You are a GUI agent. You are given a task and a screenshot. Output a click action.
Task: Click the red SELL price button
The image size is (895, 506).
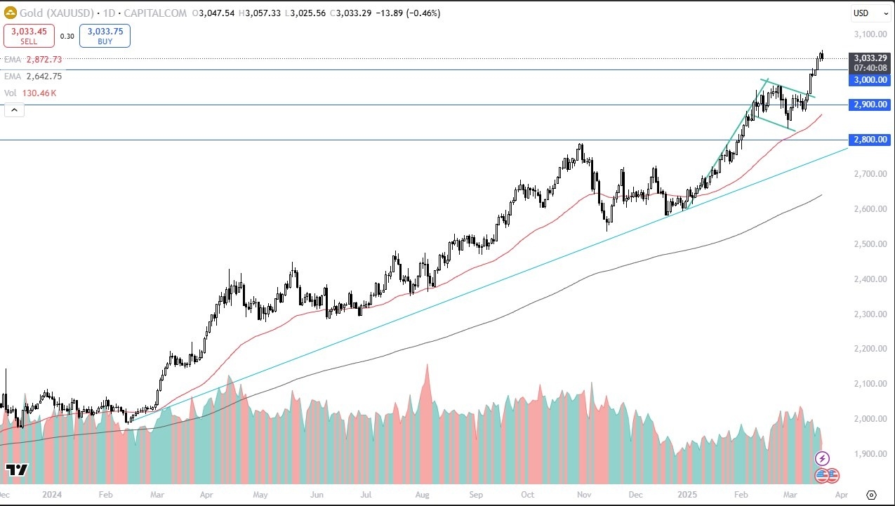29,36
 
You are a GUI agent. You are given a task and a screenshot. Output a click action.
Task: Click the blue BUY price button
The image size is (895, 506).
105,36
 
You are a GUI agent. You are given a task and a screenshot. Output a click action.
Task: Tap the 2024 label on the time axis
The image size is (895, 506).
51,494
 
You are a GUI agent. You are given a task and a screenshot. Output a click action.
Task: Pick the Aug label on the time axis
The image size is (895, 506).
422,494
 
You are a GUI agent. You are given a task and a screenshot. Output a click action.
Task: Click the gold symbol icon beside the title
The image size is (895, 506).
11,13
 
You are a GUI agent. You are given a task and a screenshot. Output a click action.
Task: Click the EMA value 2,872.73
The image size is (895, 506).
44,60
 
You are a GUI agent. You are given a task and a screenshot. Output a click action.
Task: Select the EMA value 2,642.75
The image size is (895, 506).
44,76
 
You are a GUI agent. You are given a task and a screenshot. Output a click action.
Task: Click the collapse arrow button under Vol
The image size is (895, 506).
14,109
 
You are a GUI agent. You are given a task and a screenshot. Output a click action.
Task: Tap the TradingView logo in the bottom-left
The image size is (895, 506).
16,470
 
